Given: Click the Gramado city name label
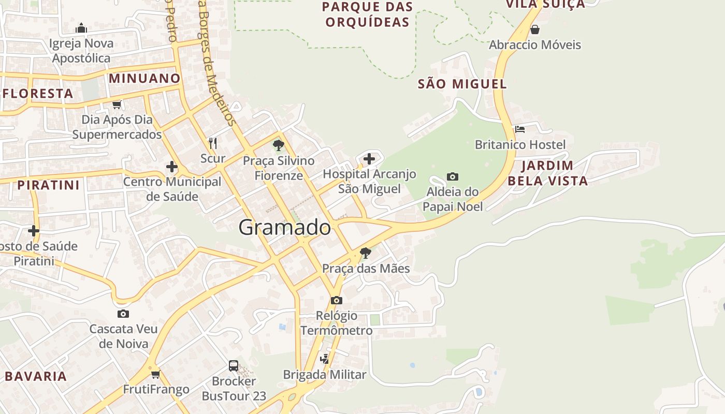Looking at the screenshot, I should [x=285, y=227].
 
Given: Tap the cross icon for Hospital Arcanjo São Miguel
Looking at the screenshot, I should [x=369, y=158].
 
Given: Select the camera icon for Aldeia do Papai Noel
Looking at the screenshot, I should [x=452, y=177].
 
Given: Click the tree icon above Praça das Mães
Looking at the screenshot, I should [x=366, y=253].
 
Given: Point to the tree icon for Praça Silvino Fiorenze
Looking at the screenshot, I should [x=279, y=145].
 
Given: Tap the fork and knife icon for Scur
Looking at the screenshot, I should [x=212, y=143].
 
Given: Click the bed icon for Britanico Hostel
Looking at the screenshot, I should [x=520, y=129].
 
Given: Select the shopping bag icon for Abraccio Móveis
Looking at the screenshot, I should [x=535, y=29].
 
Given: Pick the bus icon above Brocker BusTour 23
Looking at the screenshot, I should [x=234, y=366].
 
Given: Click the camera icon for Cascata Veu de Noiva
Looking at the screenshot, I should [x=123, y=314].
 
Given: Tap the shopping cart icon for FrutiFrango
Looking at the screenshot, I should [x=155, y=374].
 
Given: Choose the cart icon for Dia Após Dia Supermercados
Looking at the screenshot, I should [x=117, y=105].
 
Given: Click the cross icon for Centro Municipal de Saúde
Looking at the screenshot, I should [x=172, y=167].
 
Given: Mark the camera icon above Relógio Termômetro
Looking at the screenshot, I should [x=336, y=300].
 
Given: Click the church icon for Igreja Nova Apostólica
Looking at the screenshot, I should [x=81, y=28].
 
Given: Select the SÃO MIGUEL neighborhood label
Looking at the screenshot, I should [x=462, y=84].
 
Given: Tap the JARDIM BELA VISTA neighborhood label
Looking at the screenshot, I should [x=547, y=173].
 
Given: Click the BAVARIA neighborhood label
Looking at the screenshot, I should [x=36, y=376].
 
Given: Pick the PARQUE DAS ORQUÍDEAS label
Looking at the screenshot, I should [x=367, y=14].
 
